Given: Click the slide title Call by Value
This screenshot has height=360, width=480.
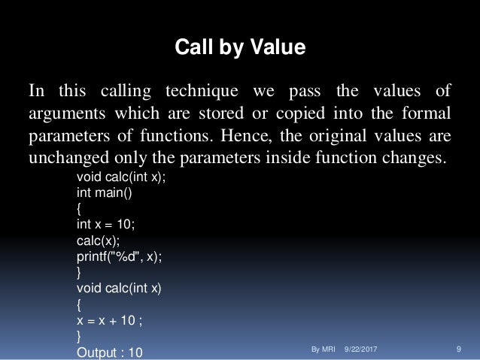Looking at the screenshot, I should [240, 49].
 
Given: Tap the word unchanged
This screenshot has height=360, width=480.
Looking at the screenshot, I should [65, 160].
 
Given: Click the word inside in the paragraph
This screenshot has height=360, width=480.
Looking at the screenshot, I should [318, 160].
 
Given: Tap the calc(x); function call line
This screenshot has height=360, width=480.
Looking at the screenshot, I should [98, 240].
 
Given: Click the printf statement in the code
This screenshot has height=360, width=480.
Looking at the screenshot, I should [119, 256].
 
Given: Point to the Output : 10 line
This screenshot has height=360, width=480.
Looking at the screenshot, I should [110, 351].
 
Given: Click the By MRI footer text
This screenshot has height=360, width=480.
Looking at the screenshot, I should [322, 350].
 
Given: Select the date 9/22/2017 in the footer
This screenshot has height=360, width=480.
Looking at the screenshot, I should [360, 350].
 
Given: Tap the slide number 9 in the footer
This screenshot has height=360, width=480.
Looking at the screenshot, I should [459, 350].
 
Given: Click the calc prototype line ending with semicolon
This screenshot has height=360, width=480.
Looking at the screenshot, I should [121, 176].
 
